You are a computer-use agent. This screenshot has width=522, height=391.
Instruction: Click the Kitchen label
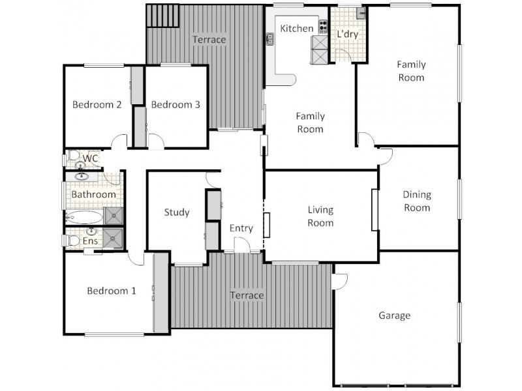click(x=297, y=29)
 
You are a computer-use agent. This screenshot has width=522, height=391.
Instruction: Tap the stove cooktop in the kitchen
click(x=322, y=27)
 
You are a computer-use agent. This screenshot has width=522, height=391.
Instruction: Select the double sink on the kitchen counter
click(x=269, y=40)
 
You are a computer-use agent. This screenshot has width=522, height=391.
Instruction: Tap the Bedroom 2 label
click(x=97, y=104)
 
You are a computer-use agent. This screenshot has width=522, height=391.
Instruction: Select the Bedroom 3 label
click(x=176, y=104)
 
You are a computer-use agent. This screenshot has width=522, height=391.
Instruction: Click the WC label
click(x=91, y=158)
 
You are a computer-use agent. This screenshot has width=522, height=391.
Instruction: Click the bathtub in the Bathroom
click(x=84, y=217)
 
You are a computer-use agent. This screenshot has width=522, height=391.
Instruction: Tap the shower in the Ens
click(x=114, y=239)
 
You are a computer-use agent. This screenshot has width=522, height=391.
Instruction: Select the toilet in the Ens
click(x=73, y=241)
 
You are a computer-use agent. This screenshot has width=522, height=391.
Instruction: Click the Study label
click(x=177, y=212)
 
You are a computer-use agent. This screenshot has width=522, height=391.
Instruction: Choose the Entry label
click(x=241, y=228)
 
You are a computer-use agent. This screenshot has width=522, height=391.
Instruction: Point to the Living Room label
click(x=320, y=216)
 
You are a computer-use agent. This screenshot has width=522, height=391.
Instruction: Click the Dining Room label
click(x=417, y=201)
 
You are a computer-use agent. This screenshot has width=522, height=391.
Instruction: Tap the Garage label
click(x=395, y=315)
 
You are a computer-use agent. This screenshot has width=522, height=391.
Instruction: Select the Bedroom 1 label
click(x=112, y=291)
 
